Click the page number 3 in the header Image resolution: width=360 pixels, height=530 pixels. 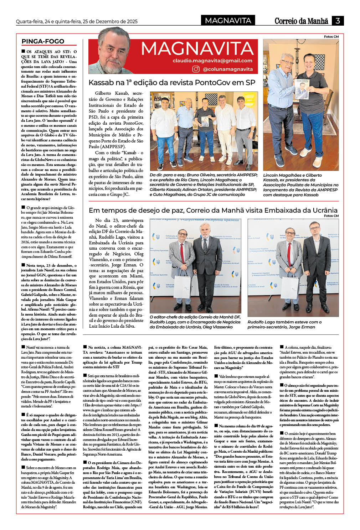337,21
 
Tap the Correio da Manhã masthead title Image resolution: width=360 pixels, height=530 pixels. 301,21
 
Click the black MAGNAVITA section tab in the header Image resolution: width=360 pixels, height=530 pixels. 228,21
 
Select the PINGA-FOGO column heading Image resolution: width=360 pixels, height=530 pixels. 43,41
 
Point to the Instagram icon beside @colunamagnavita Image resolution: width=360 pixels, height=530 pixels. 196,69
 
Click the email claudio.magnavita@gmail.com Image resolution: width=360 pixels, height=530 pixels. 212,61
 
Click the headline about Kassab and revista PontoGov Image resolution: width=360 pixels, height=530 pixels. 172,83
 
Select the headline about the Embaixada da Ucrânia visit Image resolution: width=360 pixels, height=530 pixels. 213,210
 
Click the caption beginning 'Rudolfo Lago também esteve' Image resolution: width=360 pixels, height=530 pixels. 284,324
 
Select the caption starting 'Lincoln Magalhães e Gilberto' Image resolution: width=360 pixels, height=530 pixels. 300,185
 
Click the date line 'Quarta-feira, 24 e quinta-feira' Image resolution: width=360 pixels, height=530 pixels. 77,21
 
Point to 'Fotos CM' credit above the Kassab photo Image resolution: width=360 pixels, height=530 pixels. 331,37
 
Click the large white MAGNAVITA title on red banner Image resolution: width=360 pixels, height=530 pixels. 197,49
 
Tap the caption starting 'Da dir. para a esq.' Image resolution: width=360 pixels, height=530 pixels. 204,185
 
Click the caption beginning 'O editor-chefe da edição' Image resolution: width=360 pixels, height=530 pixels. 195,322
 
